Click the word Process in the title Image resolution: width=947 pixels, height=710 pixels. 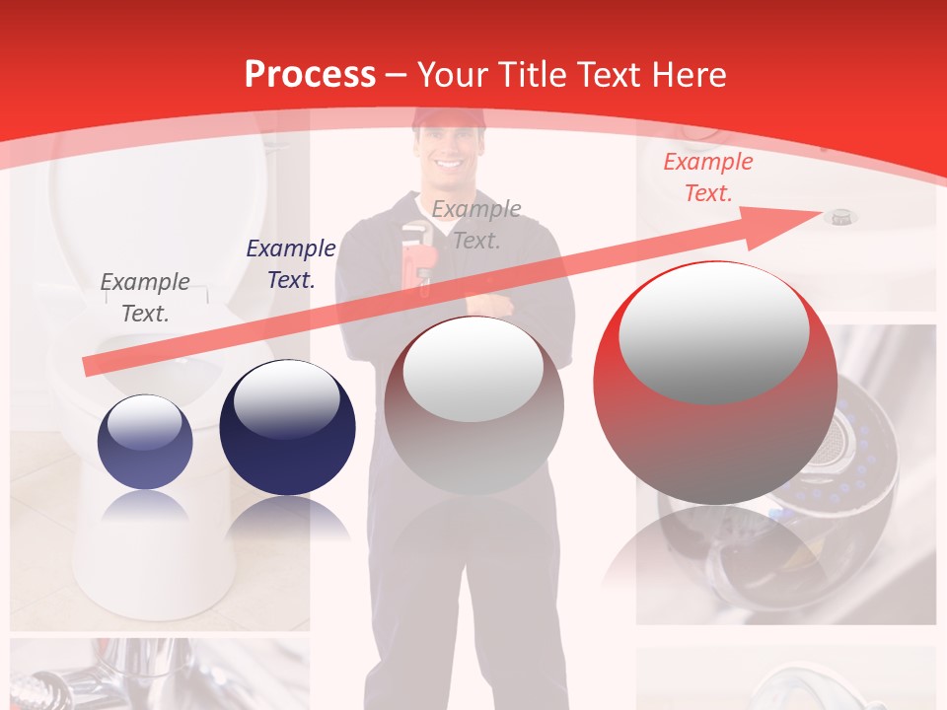(x=310, y=74)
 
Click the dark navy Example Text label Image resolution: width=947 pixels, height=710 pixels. (x=290, y=264)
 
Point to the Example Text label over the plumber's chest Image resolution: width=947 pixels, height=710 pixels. (x=476, y=224)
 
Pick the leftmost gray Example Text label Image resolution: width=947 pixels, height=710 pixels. (x=145, y=297)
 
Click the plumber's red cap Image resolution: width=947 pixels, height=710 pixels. (x=449, y=118)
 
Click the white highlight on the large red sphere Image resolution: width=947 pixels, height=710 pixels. (x=713, y=330)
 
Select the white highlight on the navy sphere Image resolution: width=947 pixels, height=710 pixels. (x=286, y=399)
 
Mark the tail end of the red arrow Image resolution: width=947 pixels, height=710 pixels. (x=89, y=368)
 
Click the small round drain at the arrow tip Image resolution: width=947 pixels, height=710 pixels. (x=840, y=215)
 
